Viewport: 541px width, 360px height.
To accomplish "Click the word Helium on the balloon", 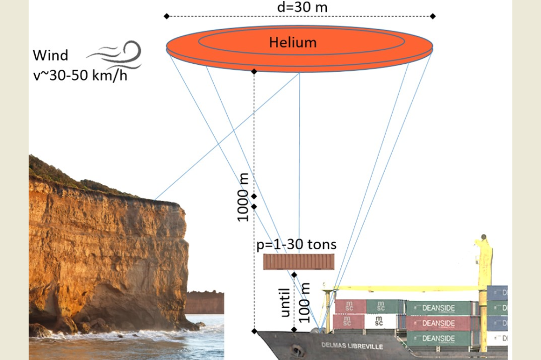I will tap(293, 42).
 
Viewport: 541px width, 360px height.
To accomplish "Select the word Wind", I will tap(50, 55).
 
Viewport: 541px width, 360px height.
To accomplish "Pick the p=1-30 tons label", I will tap(296, 244).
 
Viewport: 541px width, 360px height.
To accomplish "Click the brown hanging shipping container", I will tap(299, 262).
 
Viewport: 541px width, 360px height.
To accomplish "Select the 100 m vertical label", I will tap(304, 304).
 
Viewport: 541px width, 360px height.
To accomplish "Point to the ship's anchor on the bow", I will tap(295, 349).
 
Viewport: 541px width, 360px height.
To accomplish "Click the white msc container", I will tap(380, 322).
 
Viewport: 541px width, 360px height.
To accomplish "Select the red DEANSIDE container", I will tap(439, 323).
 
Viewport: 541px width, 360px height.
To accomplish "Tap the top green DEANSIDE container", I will tap(439, 308).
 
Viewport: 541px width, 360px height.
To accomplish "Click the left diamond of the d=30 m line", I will tap(166, 16).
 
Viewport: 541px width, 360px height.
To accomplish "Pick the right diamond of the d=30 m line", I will tap(433, 16).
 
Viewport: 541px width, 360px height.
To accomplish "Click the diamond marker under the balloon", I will tap(254, 71).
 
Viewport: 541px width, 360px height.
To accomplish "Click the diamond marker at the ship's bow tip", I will tap(254, 330).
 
